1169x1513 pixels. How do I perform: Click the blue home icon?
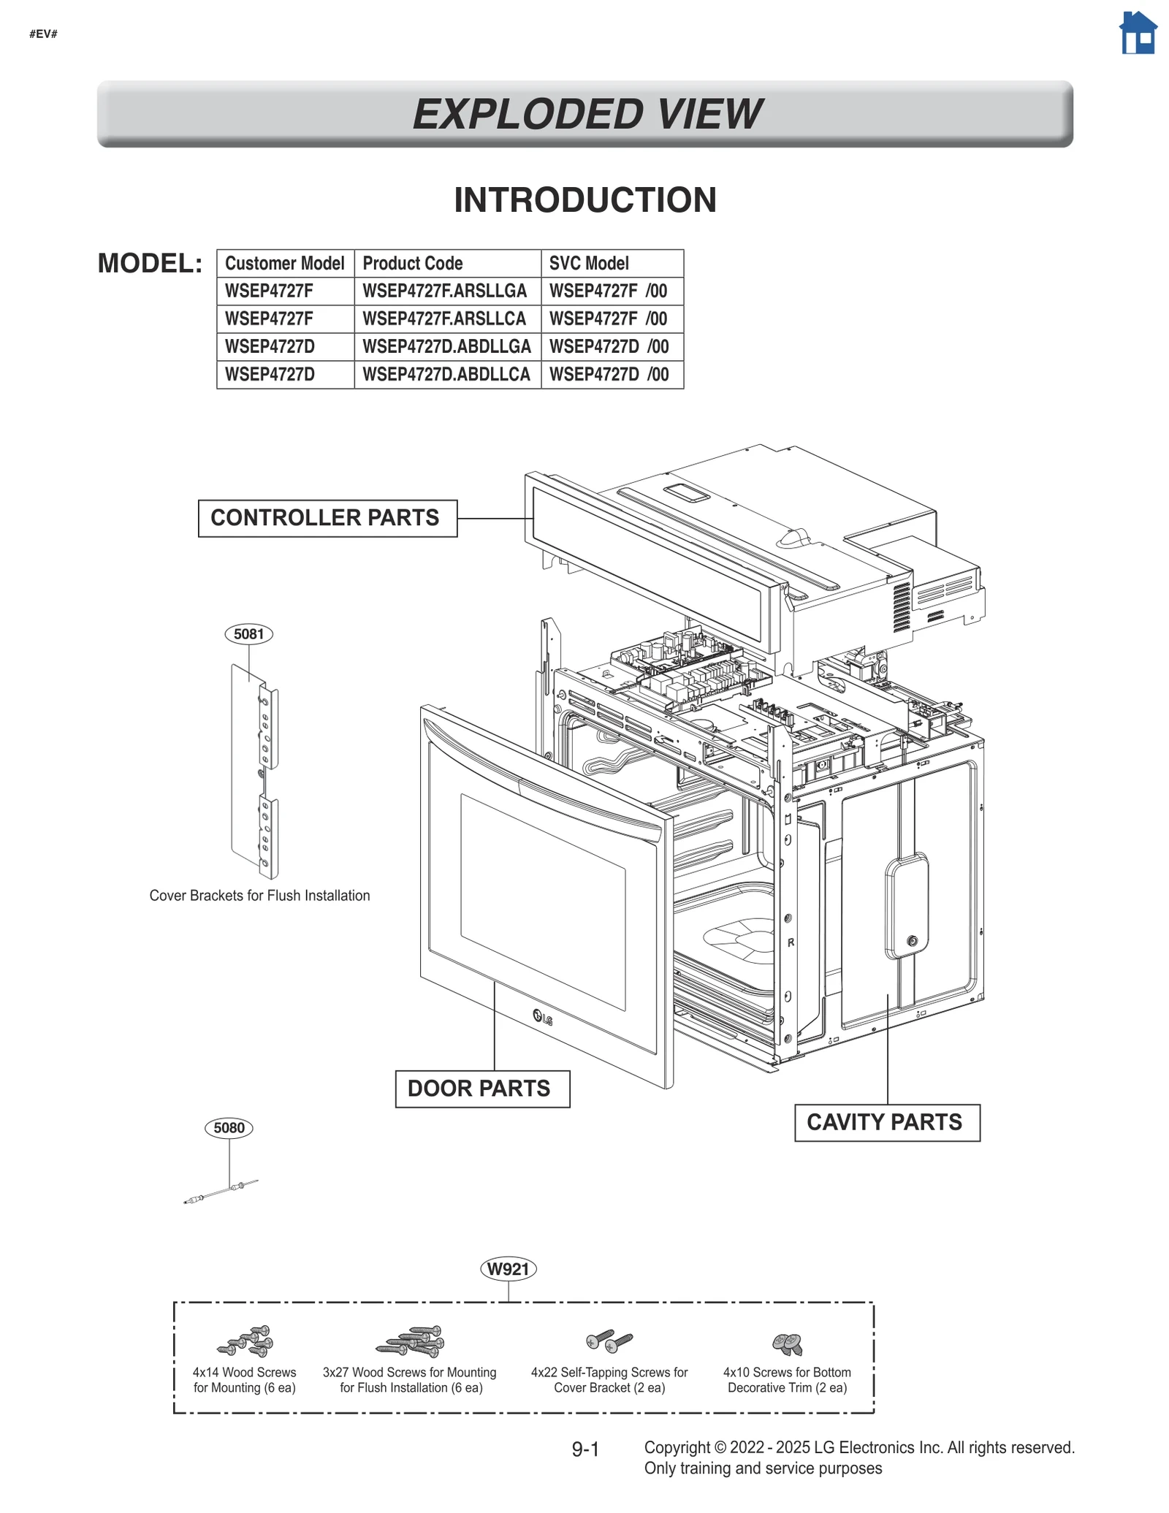(1138, 33)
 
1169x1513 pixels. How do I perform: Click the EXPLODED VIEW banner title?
(586, 114)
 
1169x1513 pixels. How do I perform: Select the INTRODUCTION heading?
(585, 200)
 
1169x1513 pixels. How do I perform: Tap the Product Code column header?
(413, 263)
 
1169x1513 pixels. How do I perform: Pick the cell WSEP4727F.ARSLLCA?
(444, 319)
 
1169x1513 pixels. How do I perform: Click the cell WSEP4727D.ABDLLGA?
(446, 346)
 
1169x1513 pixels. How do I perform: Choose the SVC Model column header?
(589, 263)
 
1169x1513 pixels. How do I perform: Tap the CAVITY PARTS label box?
(886, 1122)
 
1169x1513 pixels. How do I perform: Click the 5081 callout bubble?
(248, 633)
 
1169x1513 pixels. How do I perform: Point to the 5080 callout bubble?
(229, 1127)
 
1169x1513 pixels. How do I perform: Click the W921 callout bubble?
(508, 1269)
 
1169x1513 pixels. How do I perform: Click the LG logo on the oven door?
(542, 1017)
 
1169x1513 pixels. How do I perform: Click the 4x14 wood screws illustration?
(247, 1341)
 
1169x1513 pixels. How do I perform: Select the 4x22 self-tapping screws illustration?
(609, 1341)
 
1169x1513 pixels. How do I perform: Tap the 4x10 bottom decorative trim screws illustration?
(788, 1342)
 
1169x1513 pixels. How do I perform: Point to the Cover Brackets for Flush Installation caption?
(259, 896)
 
